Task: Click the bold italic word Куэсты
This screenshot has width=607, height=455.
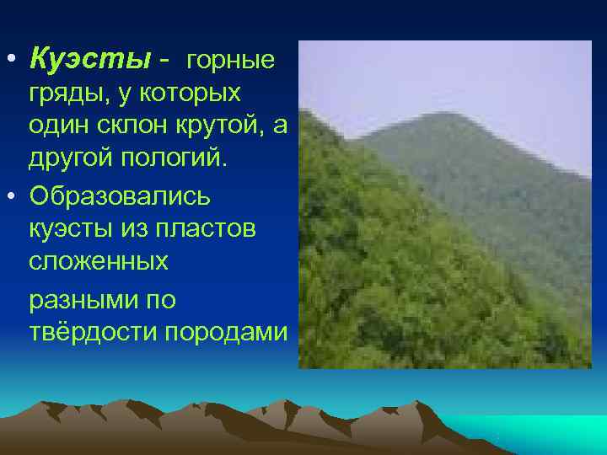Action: (x=89, y=60)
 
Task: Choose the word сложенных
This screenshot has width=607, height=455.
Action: (x=98, y=263)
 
